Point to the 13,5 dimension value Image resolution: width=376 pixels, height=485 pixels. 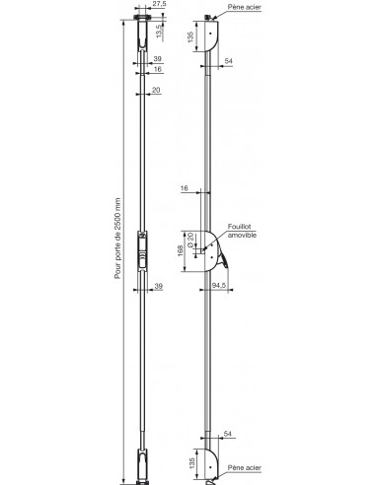coord(161,30)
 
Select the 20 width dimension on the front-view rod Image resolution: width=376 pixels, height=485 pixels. coord(157,90)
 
